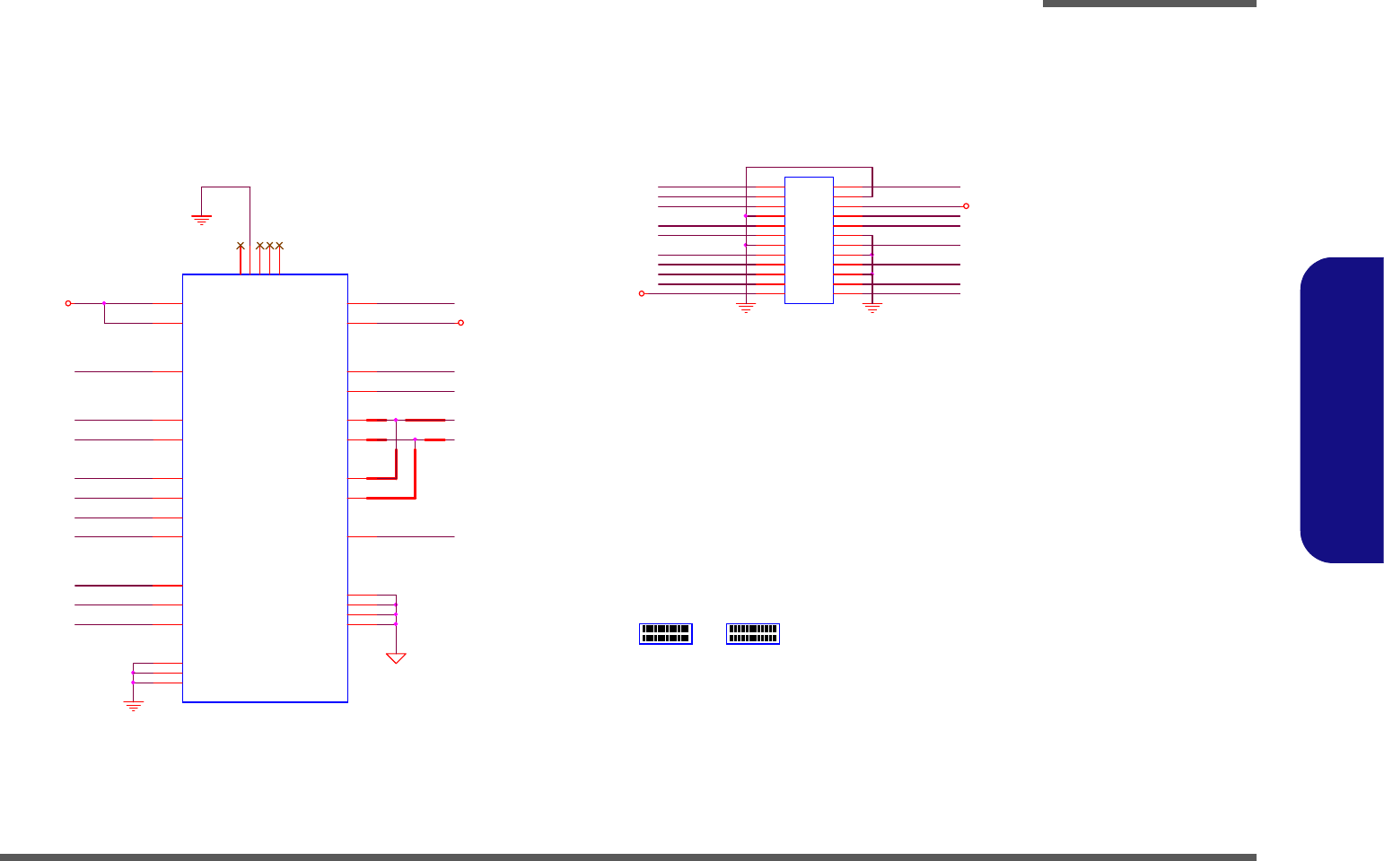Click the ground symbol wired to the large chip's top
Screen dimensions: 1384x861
pos(201,218)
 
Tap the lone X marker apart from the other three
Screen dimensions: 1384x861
pos(240,245)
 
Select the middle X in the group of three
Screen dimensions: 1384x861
pos(269,245)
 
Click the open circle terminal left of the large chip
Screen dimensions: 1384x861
pos(68,303)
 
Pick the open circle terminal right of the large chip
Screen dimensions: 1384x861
pos(460,323)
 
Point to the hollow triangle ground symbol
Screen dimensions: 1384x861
pos(396,658)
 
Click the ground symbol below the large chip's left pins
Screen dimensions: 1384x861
pos(133,706)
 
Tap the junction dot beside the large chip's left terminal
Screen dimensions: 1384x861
pos(104,303)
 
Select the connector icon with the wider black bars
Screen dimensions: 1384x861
pos(666,633)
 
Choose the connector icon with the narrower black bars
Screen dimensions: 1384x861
pos(753,633)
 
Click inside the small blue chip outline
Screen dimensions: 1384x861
pos(809,240)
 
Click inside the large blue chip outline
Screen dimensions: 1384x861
pos(265,488)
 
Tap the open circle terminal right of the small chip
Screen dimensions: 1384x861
pos(966,206)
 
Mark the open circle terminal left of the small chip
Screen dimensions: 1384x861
pos(641,293)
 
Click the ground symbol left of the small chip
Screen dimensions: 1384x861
pos(745,308)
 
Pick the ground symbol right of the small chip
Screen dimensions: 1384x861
pos(872,308)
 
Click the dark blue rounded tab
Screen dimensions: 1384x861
pos(1342,410)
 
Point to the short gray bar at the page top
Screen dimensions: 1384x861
pos(1149,4)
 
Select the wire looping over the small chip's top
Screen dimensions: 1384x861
pos(808,167)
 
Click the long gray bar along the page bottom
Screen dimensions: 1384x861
pos(628,857)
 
